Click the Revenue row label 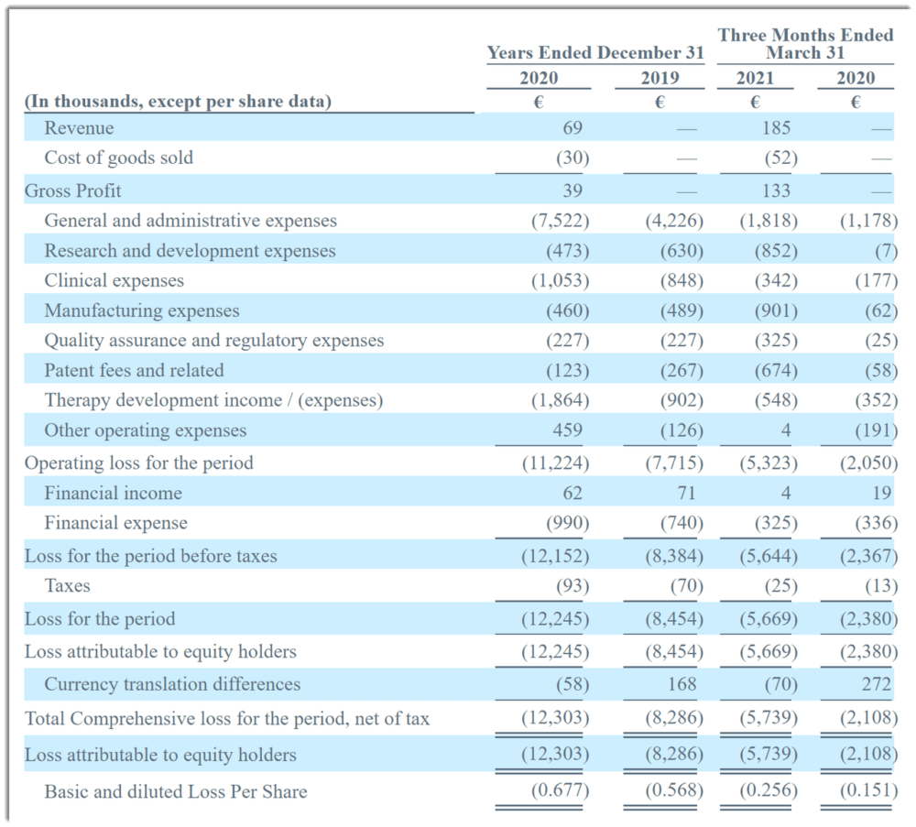tap(79, 128)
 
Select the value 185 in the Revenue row tap(776, 128)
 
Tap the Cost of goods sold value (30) tap(572, 158)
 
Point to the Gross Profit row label tap(72, 190)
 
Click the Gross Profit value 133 tap(776, 190)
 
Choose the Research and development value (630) tap(682, 251)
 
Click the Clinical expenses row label tap(114, 281)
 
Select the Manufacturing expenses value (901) tap(776, 310)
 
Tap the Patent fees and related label tap(134, 370)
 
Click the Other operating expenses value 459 tap(568, 430)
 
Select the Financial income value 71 tap(686, 494)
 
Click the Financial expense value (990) tap(568, 523)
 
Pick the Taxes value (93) tap(572, 586)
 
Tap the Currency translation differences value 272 tap(877, 684)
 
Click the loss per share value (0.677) tap(560, 791)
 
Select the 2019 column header tap(660, 78)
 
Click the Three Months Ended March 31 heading tap(805, 44)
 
